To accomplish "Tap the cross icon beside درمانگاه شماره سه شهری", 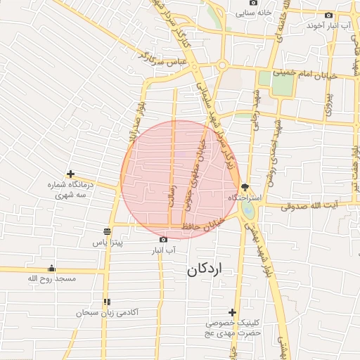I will point(70,174).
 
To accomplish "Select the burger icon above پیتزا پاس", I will point(107,231).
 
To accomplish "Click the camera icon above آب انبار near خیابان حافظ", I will point(164,239).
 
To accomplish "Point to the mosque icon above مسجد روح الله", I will point(51,268).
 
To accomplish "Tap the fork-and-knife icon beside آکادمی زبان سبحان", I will point(106,301).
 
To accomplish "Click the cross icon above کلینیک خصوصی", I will point(232,312).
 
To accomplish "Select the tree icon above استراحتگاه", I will point(244,187).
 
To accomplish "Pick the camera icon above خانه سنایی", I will point(234,2).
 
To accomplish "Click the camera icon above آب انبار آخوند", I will point(328,14).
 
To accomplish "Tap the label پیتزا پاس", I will point(109,243).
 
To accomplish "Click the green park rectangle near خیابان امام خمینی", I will point(283,84).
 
